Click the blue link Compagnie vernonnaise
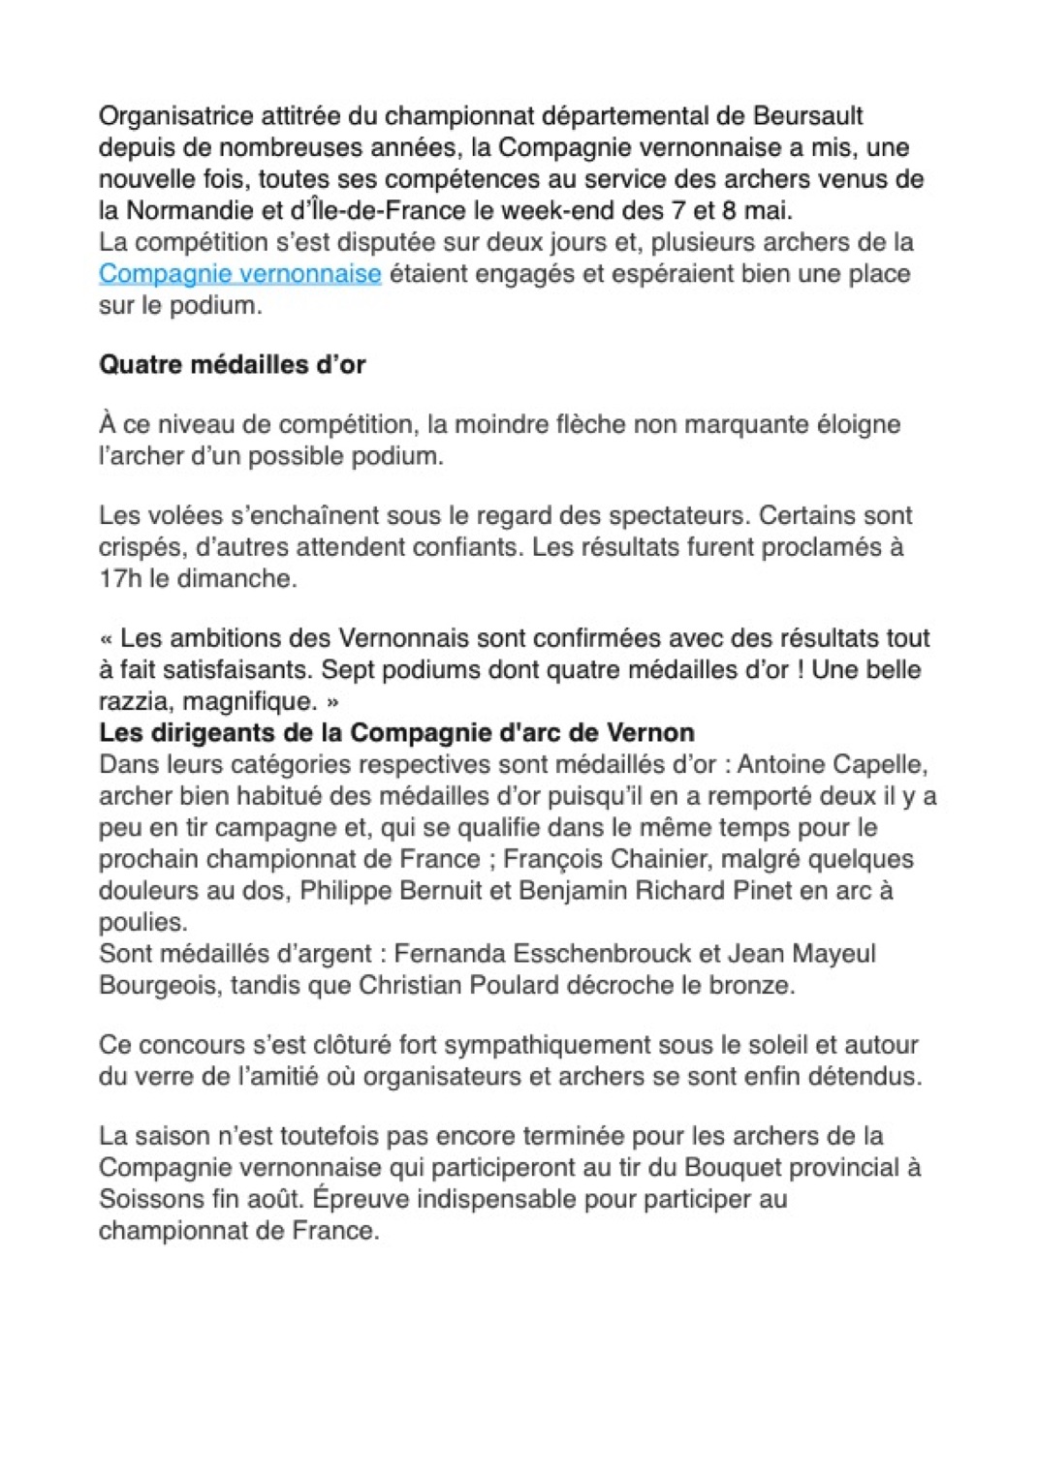(x=239, y=274)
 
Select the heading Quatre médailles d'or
(x=233, y=365)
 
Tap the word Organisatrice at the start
(x=176, y=116)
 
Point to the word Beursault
(x=807, y=116)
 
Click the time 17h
(x=120, y=579)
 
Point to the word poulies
(x=142, y=922)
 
